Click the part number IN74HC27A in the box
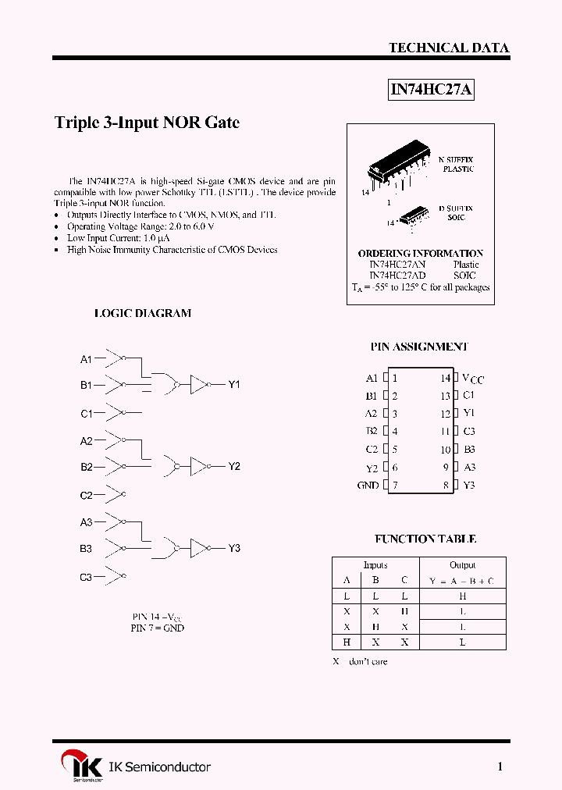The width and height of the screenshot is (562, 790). pyautogui.click(x=432, y=90)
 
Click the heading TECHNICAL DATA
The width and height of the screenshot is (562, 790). pyautogui.click(x=449, y=48)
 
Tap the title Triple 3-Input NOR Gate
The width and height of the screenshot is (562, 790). pyautogui.click(x=147, y=123)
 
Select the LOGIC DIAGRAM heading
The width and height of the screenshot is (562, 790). pyautogui.click(x=143, y=313)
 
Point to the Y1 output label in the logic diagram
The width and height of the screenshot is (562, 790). pyautogui.click(x=234, y=385)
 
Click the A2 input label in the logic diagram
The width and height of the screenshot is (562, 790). pyautogui.click(x=86, y=441)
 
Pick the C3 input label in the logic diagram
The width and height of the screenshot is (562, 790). pyautogui.click(x=86, y=578)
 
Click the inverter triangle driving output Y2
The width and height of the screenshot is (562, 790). pyautogui.click(x=198, y=467)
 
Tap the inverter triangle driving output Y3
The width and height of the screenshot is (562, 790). pyautogui.click(x=198, y=548)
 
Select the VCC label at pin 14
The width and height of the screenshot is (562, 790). pyautogui.click(x=473, y=379)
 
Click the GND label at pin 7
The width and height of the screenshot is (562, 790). pyautogui.click(x=368, y=486)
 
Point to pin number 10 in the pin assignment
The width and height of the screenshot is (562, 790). pyautogui.click(x=445, y=450)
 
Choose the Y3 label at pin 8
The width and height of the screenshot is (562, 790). pyautogui.click(x=469, y=486)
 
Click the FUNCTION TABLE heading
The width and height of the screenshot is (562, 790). pyautogui.click(x=425, y=539)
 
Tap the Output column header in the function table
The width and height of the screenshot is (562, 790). pyautogui.click(x=462, y=565)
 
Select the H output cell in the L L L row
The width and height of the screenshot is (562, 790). pyautogui.click(x=462, y=596)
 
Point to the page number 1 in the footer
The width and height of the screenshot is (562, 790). pyautogui.click(x=500, y=767)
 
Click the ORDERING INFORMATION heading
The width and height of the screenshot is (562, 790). pyautogui.click(x=420, y=254)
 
